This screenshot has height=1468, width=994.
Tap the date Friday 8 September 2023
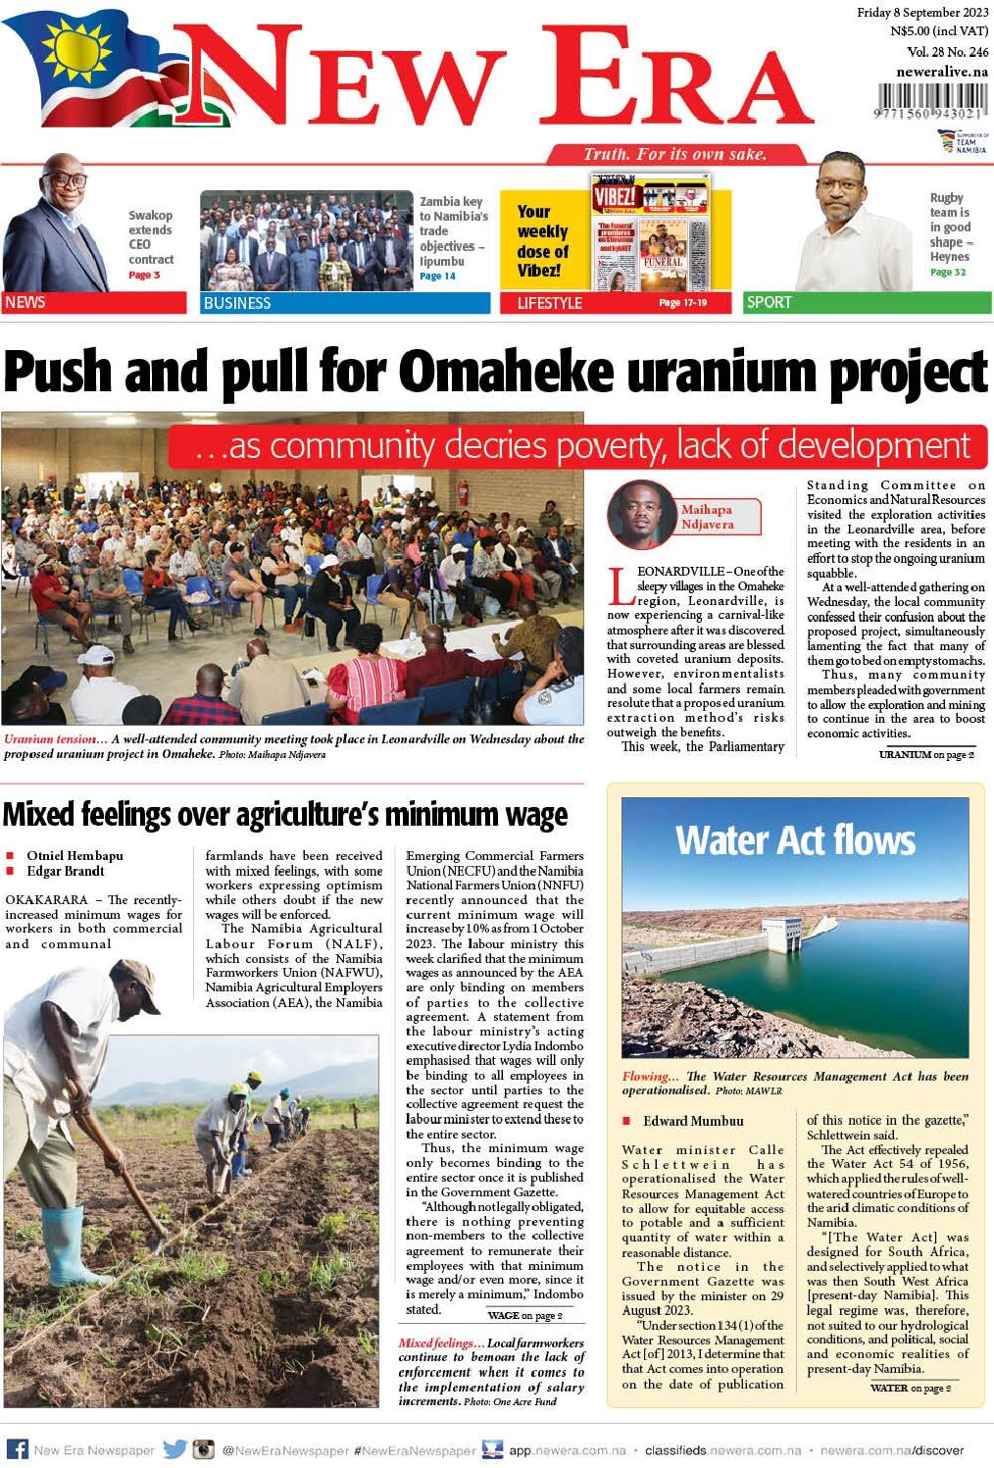point(922,13)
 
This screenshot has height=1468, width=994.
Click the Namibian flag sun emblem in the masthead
point(75,49)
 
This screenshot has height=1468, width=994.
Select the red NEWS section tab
point(94,302)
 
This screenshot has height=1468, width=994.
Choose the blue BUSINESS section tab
point(344,303)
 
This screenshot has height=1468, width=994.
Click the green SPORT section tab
point(867,302)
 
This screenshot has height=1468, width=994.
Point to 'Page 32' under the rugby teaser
point(947,272)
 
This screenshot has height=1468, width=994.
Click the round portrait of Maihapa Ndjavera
point(642,514)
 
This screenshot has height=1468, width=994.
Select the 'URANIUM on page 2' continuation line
point(926,754)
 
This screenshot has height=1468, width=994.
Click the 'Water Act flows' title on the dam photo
point(795,840)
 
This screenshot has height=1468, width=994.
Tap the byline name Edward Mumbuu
point(693,1121)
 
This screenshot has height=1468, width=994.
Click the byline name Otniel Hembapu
point(75,855)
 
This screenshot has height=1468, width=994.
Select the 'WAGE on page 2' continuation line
point(524,1315)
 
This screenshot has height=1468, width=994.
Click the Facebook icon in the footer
point(17,1449)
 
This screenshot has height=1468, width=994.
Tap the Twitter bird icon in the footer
point(174,1449)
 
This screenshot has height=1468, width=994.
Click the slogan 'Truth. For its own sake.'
point(674,154)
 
